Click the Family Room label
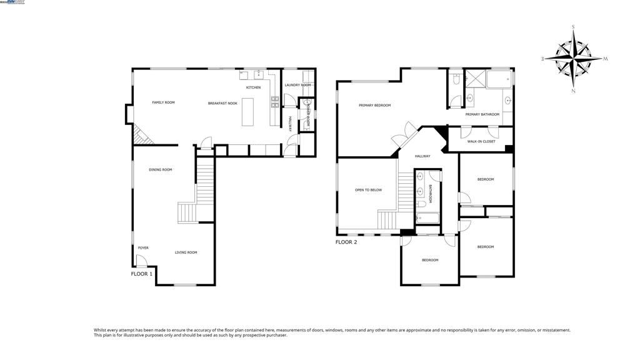163,102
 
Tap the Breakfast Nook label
222,103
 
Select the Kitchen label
253,87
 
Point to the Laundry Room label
297,85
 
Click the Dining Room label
161,170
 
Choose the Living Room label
186,252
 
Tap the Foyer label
143,248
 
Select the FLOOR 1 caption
142,274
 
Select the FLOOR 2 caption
346,242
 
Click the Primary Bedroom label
374,106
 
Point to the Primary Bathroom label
482,114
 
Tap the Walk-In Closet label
481,142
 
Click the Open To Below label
368,190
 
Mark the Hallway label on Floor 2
422,156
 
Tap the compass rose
574,58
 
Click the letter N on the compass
574,91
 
